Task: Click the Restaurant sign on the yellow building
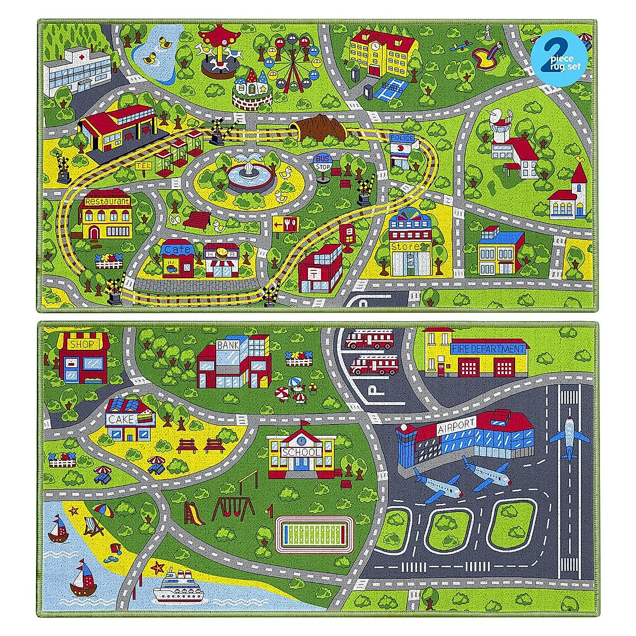click(x=107, y=202)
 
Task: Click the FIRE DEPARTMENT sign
click(x=488, y=349)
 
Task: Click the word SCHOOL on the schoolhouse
click(x=302, y=452)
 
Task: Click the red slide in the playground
click(x=193, y=513)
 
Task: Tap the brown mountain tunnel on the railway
click(x=321, y=127)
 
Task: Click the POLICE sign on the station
click(x=401, y=138)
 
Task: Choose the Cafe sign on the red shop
click(x=175, y=249)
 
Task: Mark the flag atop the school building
click(x=304, y=423)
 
